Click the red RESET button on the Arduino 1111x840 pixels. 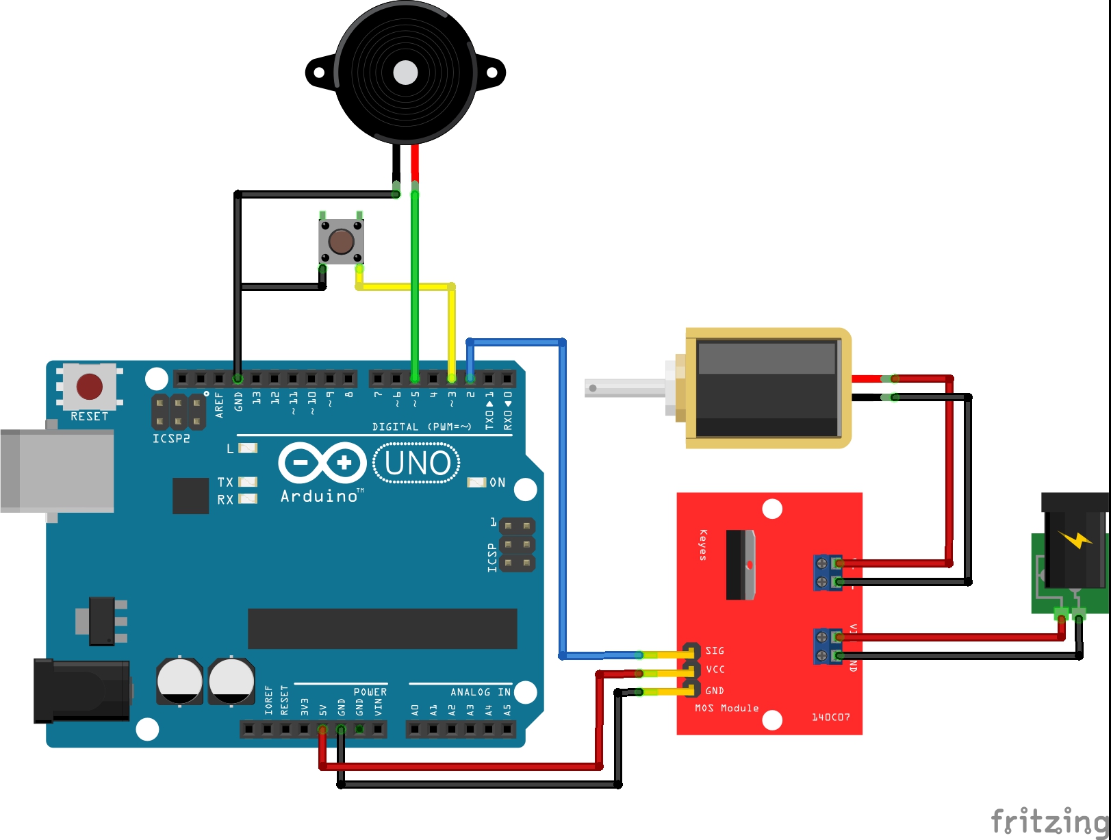pyautogui.click(x=90, y=386)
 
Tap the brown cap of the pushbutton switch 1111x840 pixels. pyautogui.click(x=341, y=241)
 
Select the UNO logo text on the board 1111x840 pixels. pyautogui.click(x=417, y=463)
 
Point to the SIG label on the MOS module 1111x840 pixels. pyautogui.click(x=715, y=650)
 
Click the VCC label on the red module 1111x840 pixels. pyautogui.click(x=715, y=670)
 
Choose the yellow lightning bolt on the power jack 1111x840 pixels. pyautogui.click(x=1075, y=539)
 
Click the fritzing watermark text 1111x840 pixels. pyautogui.click(x=1050, y=820)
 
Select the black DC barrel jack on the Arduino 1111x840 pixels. pyautogui.click(x=82, y=690)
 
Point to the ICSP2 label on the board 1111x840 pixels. pyautogui.click(x=171, y=439)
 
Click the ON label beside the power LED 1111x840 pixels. pyautogui.click(x=498, y=483)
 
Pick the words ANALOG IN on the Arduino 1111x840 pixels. pyautogui.click(x=480, y=692)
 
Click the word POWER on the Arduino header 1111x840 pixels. pyautogui.click(x=370, y=692)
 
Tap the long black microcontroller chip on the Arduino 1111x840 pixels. pyautogui.click(x=382, y=628)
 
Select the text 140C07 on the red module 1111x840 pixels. pyautogui.click(x=830, y=717)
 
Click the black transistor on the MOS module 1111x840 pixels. pyautogui.click(x=740, y=565)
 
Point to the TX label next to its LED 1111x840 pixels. pyautogui.click(x=225, y=482)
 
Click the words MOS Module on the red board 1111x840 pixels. pyautogui.click(x=726, y=708)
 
